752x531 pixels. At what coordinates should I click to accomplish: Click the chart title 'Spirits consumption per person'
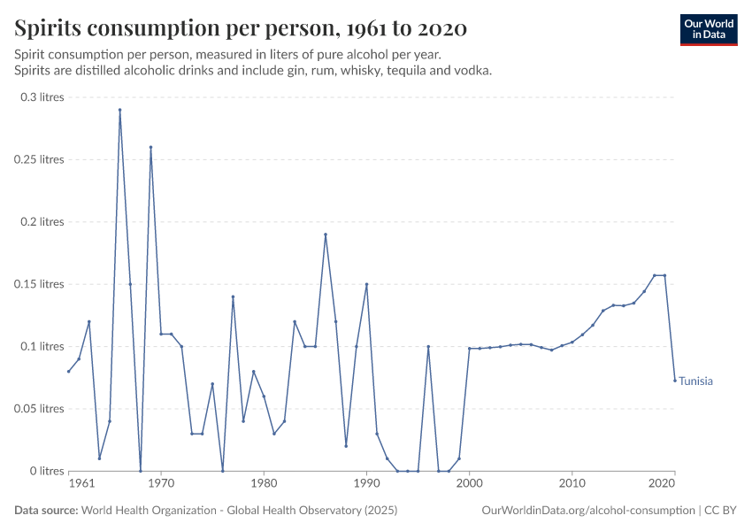(x=241, y=28)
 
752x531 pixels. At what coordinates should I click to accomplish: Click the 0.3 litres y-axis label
(x=42, y=97)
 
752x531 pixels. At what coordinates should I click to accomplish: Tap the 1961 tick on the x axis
(x=81, y=484)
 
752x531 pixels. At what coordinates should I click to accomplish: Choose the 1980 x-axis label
(x=264, y=484)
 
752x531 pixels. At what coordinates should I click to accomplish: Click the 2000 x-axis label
(x=469, y=484)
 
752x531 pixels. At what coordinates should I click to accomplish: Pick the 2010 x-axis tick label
(x=572, y=484)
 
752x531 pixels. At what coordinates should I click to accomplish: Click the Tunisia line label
(x=695, y=381)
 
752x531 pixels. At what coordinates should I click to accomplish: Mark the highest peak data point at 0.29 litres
(x=119, y=110)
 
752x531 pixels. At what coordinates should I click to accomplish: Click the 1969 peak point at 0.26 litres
(x=150, y=147)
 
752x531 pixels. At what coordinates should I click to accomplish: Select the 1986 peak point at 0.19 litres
(x=326, y=235)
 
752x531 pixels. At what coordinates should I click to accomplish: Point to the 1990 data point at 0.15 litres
(x=366, y=284)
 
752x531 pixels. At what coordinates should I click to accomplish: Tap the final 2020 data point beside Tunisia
(x=675, y=381)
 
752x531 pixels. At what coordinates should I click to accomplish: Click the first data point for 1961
(x=68, y=372)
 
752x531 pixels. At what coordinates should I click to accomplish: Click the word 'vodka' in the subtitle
(x=472, y=70)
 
